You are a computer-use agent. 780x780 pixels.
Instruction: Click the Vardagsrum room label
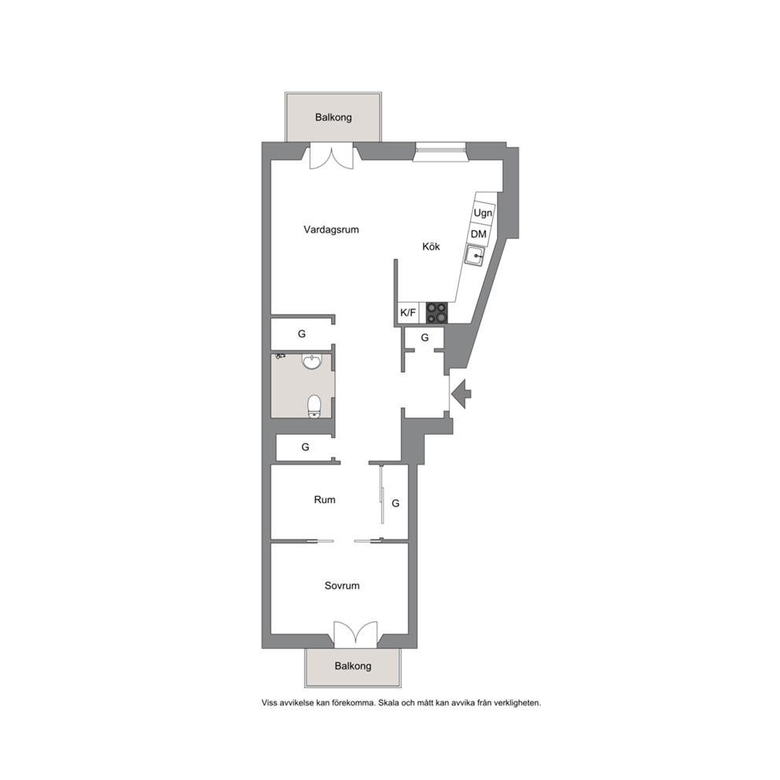pyautogui.click(x=331, y=230)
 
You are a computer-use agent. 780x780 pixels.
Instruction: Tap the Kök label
pyautogui.click(x=431, y=246)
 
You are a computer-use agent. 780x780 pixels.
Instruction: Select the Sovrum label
pyautogui.click(x=342, y=586)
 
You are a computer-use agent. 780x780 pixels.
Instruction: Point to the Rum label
pyautogui.click(x=324, y=499)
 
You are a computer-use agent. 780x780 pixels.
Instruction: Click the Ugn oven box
pyautogui.click(x=483, y=213)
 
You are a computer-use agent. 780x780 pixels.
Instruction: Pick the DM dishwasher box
pyautogui.click(x=479, y=234)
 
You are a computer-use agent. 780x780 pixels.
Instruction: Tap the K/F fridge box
pyautogui.click(x=408, y=313)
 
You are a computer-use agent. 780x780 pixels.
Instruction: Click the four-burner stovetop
pyautogui.click(x=436, y=313)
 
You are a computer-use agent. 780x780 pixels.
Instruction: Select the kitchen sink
pyautogui.click(x=475, y=256)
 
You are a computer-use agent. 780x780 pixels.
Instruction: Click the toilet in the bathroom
pyautogui.click(x=315, y=406)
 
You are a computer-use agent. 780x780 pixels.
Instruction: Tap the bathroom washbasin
pyautogui.click(x=312, y=361)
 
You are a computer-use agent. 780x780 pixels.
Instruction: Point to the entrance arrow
pyautogui.click(x=461, y=394)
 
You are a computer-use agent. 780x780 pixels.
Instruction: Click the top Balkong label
pyautogui.click(x=333, y=117)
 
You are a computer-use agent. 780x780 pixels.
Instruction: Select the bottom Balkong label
pyautogui.click(x=353, y=665)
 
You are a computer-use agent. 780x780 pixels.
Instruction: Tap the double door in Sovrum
pyautogui.click(x=355, y=635)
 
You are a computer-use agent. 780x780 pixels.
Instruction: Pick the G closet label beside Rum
pyautogui.click(x=396, y=503)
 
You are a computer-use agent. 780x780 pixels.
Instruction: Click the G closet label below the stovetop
pyautogui.click(x=425, y=338)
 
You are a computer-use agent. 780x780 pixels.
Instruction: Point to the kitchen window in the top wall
pyautogui.click(x=441, y=152)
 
